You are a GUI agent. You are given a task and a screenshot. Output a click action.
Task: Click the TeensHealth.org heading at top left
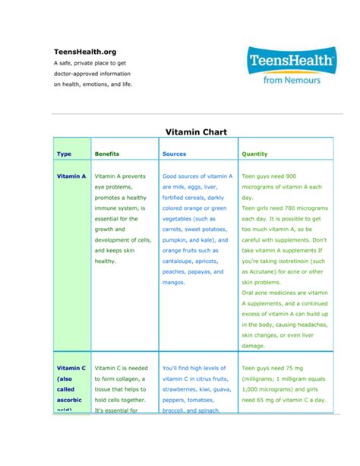click(84, 51)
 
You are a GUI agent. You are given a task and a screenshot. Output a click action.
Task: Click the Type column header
click(65, 154)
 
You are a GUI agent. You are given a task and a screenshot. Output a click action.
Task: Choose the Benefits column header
click(106, 154)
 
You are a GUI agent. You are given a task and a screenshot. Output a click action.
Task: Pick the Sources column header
click(174, 154)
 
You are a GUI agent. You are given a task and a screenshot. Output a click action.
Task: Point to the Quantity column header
click(254, 154)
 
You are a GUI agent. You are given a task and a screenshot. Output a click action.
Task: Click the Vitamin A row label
click(71, 176)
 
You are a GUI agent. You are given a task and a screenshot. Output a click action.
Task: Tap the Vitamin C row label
click(71, 367)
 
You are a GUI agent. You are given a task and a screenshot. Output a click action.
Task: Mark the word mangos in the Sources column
click(173, 282)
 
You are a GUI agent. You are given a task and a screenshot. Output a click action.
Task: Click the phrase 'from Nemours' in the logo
click(292, 78)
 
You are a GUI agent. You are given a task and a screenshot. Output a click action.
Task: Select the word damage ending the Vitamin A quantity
click(253, 345)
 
